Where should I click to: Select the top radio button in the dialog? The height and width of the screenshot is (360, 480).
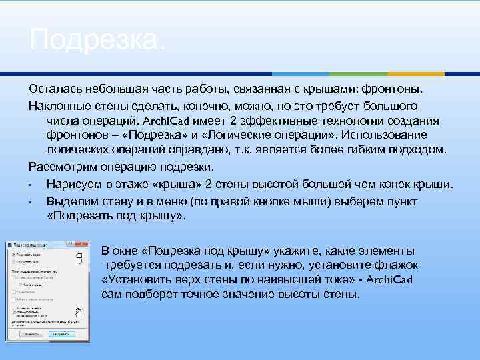13,255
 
